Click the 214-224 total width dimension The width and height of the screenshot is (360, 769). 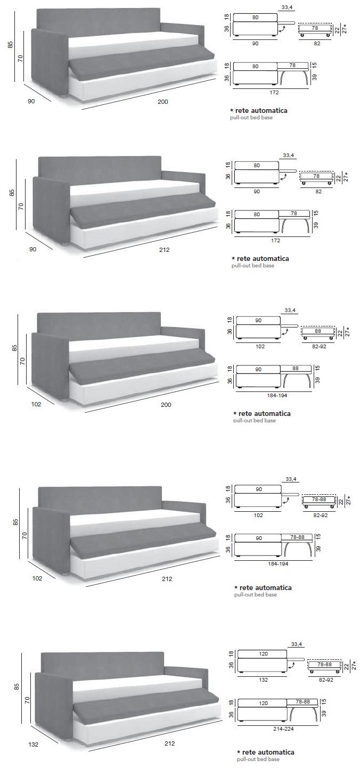[x=283, y=729]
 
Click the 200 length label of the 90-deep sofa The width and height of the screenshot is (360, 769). [x=162, y=102]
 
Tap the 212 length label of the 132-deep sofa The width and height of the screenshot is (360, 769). [x=169, y=743]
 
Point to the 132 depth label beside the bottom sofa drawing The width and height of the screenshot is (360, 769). [x=34, y=745]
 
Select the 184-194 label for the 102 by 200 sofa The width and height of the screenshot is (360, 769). [x=277, y=396]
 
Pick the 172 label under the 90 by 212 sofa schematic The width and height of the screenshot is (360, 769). [x=275, y=241]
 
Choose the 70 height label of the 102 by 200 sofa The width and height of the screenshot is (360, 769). [x=22, y=361]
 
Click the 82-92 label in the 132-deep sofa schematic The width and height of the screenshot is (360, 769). [x=325, y=680]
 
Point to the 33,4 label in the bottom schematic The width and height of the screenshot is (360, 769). [x=297, y=644]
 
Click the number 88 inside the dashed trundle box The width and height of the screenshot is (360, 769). [x=318, y=331]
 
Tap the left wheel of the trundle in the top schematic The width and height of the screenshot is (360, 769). [x=302, y=35]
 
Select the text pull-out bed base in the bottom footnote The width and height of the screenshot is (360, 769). [x=258, y=759]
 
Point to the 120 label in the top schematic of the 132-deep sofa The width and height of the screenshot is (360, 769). [x=263, y=654]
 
